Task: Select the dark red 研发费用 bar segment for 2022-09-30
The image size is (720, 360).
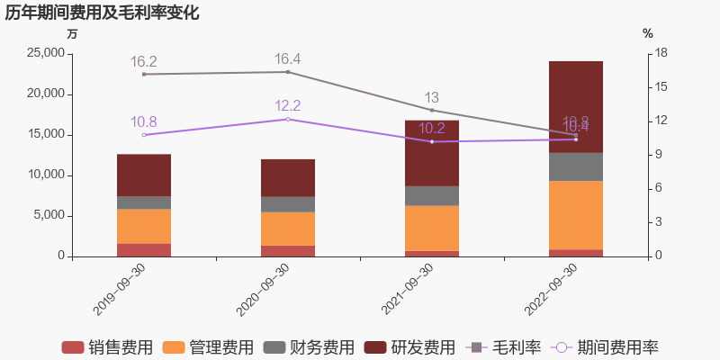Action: (x=576, y=106)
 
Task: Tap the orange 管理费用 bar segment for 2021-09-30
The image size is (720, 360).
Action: (x=432, y=228)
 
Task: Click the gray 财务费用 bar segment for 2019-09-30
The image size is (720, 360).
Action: (x=144, y=202)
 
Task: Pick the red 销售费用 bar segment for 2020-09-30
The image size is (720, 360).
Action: (x=288, y=251)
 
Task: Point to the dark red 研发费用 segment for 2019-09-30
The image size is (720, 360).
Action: (x=144, y=175)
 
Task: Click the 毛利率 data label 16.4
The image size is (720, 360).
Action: (x=287, y=59)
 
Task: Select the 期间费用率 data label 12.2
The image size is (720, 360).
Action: (x=287, y=106)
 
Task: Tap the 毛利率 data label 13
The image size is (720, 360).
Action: (x=432, y=97)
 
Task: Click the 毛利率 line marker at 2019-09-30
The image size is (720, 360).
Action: (x=144, y=74)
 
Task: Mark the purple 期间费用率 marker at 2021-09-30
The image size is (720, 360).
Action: (x=432, y=141)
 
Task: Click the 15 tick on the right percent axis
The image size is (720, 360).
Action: (x=660, y=87)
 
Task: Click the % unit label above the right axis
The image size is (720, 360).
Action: (x=648, y=33)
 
